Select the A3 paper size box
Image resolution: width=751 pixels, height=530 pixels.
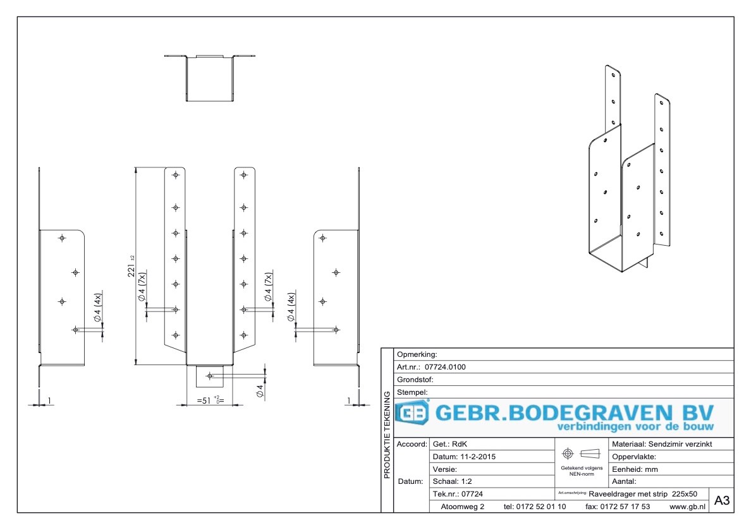pos(722,501)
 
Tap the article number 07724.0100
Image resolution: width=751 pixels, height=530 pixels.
pos(446,366)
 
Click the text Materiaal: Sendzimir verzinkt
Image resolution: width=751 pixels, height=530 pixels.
pos(662,445)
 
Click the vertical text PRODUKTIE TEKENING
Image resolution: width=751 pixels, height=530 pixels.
pos(387,435)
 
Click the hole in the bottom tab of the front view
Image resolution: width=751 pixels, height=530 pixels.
pos(210,376)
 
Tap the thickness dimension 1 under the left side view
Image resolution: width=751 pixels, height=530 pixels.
pos(49,401)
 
